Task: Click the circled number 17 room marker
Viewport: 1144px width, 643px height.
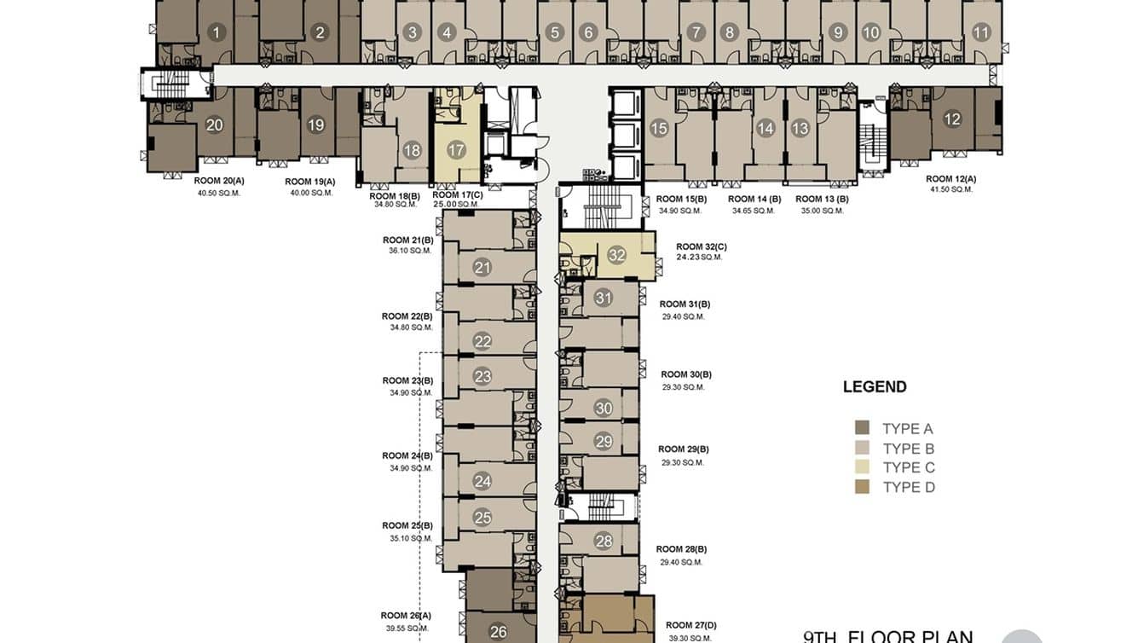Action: coord(456,150)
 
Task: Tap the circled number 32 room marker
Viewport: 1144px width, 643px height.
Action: coord(617,255)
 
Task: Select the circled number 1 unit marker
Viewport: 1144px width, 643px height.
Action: coord(217,33)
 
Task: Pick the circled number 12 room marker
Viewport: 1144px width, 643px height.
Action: coord(952,119)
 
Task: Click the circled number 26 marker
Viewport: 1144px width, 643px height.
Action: coord(499,632)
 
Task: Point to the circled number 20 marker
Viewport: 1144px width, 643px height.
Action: coord(215,125)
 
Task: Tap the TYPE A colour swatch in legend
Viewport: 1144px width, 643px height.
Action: coord(862,428)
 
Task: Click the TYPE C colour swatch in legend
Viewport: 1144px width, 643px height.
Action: coord(862,467)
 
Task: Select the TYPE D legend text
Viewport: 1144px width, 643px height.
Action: coord(909,487)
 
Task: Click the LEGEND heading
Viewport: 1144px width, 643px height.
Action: coord(875,386)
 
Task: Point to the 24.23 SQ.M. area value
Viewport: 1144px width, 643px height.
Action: coord(699,257)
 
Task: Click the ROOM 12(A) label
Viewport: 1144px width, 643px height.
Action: coord(950,179)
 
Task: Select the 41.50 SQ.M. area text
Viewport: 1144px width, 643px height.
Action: coord(951,189)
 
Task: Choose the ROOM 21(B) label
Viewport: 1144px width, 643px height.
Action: coord(407,240)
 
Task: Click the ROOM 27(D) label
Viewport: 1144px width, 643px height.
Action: coord(690,625)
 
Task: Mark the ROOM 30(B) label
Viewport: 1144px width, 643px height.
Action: coord(685,374)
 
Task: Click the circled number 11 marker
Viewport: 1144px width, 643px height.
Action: coord(981,33)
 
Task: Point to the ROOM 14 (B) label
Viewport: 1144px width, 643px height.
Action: coord(754,200)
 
